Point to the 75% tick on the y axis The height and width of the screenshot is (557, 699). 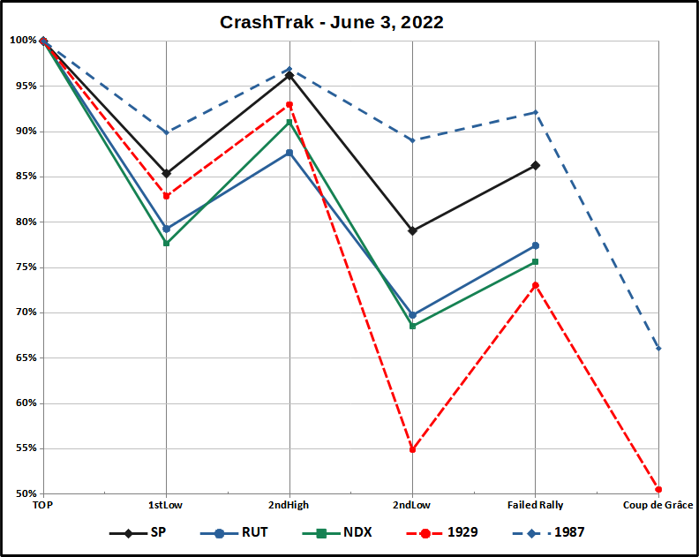24,267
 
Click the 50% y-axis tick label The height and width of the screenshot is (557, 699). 24,493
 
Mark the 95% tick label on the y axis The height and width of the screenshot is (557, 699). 24,87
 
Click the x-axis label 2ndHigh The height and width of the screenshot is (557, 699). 289,505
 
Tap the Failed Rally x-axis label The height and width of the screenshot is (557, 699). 535,505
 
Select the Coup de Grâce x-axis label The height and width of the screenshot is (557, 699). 658,505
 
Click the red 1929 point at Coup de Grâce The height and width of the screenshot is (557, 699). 658,490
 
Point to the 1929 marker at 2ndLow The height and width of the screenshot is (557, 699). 412,449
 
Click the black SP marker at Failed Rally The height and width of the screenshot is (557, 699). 535,165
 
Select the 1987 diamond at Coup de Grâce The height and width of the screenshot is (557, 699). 658,349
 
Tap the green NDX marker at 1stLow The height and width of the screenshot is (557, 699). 166,243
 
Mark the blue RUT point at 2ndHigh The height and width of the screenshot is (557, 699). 289,153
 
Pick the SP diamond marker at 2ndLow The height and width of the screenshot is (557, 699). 412,230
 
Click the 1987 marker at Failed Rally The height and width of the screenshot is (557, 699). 535,112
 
